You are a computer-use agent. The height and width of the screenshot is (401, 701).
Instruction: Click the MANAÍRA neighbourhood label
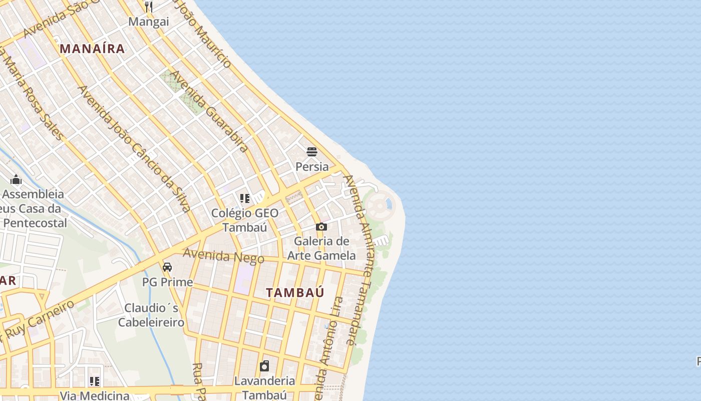(92, 49)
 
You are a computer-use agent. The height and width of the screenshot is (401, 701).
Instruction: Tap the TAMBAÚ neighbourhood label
(295, 293)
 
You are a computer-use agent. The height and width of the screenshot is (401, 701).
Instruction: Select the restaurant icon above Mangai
(149, 7)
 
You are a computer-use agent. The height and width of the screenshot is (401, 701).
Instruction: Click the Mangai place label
(149, 22)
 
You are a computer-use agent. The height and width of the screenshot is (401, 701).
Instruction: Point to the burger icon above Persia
(312, 151)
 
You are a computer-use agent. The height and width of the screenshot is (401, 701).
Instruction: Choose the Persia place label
(312, 166)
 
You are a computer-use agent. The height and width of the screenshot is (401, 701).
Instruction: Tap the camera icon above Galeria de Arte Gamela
(321, 227)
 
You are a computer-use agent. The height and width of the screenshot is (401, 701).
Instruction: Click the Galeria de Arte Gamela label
(321, 248)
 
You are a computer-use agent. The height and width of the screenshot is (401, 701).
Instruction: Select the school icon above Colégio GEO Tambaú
(244, 198)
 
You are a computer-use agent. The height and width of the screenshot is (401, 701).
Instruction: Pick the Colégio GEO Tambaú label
(244, 220)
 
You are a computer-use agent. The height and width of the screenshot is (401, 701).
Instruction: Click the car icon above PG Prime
(167, 267)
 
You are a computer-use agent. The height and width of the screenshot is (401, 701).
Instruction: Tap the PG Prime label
(167, 282)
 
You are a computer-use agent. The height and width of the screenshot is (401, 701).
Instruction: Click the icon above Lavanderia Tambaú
(264, 366)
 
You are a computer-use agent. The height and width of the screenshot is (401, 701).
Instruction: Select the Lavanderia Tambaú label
(264, 388)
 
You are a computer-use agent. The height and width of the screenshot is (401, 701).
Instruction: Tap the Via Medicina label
(95, 396)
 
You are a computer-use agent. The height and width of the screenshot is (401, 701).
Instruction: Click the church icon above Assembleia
(16, 179)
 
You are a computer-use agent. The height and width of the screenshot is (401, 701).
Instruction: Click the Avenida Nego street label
(223, 256)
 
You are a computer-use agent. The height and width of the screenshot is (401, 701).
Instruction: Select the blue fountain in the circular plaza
(387, 205)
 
